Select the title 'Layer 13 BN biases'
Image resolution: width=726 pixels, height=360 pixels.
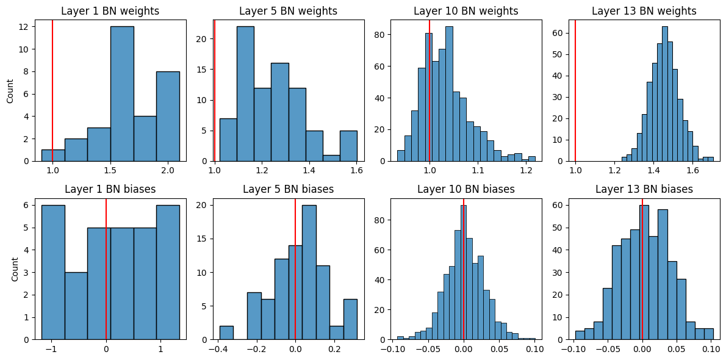point(644,189)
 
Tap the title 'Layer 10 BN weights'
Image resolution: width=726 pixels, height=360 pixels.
point(465,11)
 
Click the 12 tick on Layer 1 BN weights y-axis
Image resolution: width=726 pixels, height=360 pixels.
point(23,27)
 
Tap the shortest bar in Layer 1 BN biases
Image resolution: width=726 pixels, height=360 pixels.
point(76,306)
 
